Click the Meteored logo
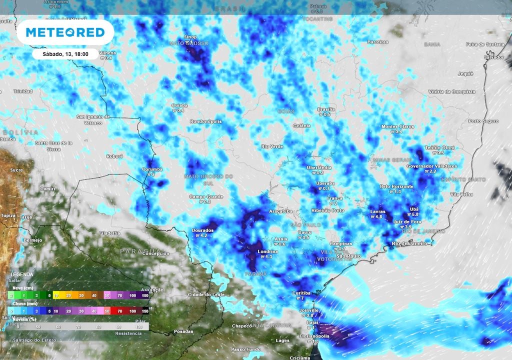click(x=65, y=32)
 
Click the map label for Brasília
click(x=327, y=109)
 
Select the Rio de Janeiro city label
click(x=410, y=243)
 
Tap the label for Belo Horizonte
click(x=397, y=186)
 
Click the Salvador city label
click(x=493, y=57)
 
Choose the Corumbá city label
click(x=152, y=169)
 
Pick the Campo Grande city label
click(x=205, y=196)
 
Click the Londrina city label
click(x=268, y=251)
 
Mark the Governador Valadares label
click(x=425, y=166)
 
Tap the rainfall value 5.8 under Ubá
click(x=414, y=214)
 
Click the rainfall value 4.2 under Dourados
click(x=203, y=235)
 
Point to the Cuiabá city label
click(x=179, y=105)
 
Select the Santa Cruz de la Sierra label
click(x=53, y=145)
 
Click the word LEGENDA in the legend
click(x=22, y=274)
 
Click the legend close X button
click(x=141, y=271)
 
